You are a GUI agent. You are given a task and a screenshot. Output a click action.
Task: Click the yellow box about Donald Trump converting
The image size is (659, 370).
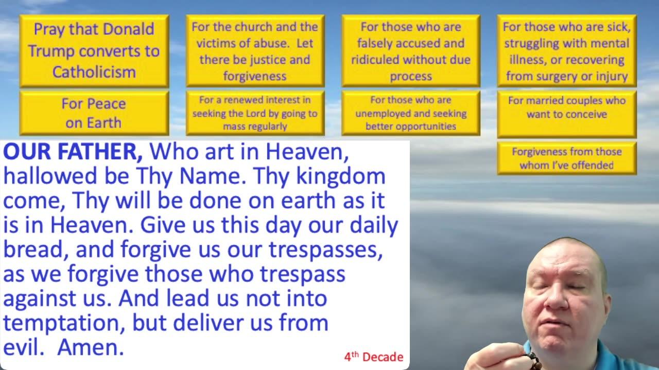click(94, 51)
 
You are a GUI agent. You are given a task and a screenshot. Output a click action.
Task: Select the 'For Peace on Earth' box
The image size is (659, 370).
click(94, 113)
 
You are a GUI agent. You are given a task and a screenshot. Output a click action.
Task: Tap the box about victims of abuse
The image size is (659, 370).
click(255, 51)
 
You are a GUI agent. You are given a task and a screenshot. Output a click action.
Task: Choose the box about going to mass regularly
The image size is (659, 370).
click(255, 113)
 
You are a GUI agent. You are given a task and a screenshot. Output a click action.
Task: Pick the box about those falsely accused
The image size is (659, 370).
click(411, 51)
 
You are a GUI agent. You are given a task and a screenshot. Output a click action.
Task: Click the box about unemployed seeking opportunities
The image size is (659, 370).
click(411, 113)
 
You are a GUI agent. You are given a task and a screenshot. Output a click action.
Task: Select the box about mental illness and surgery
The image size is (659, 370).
click(567, 51)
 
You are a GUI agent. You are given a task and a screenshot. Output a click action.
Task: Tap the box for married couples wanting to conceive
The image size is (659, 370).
click(567, 114)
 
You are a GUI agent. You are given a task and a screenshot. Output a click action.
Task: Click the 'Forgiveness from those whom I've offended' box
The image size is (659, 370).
click(567, 158)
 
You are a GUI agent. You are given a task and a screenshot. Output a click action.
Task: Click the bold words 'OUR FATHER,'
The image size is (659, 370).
click(73, 152)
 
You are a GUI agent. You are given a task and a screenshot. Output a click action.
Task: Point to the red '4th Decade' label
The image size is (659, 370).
click(374, 357)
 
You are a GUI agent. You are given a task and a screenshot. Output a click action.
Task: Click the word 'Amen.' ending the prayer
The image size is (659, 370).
click(91, 347)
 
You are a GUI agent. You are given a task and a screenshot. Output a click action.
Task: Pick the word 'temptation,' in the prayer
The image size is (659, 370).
click(64, 323)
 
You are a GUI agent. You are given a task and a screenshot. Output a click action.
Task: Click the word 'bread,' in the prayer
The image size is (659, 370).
click(36, 249)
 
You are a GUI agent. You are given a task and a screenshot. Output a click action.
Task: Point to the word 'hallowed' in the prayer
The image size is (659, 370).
click(50, 176)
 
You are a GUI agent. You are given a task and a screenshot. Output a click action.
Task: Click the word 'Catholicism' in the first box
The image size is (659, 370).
click(94, 72)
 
